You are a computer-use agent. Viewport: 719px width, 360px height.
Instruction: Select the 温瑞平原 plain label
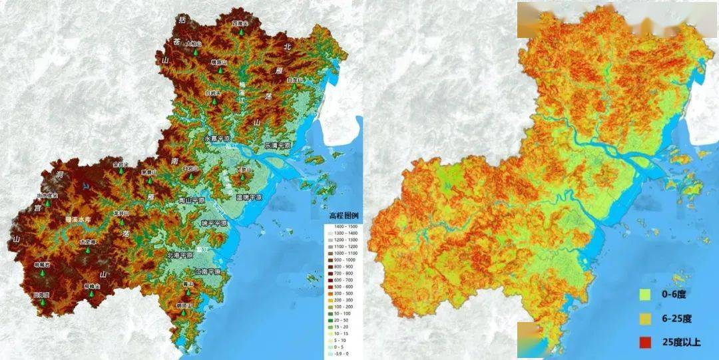(249, 198)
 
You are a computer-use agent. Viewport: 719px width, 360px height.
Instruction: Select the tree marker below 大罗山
(244, 178)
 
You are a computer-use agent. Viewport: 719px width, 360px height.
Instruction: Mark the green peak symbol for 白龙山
(294, 87)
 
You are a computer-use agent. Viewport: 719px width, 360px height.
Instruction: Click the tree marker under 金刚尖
(120, 170)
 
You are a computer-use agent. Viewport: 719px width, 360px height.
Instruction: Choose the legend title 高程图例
(344, 216)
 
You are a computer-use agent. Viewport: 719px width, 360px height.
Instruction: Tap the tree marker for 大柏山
(196, 51)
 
